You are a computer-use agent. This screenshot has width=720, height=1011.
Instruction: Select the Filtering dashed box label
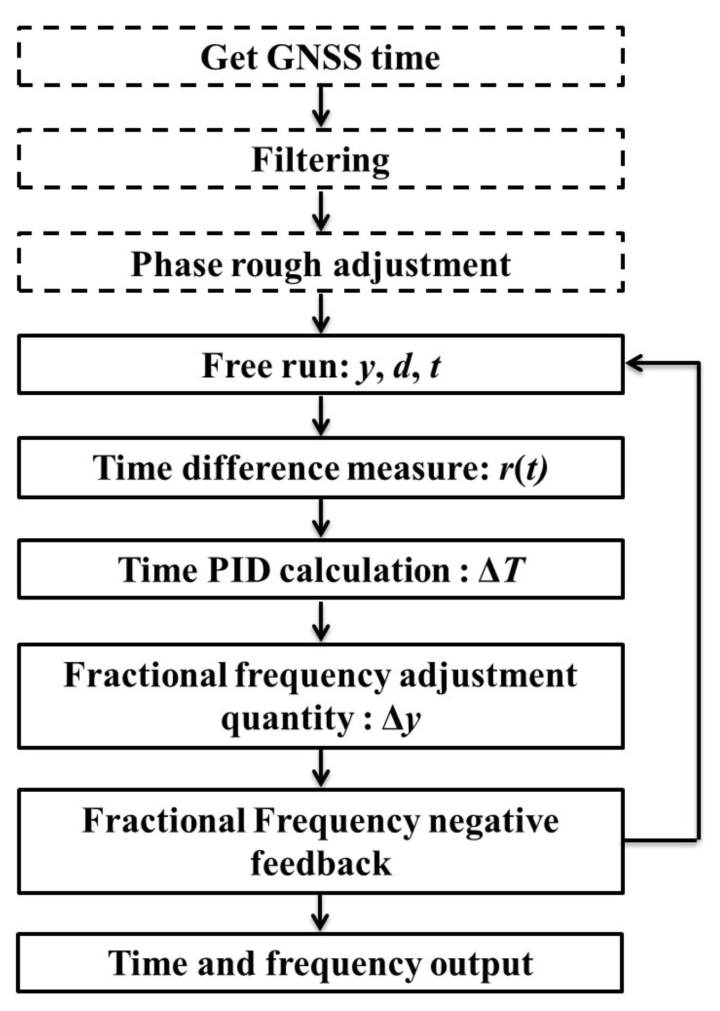coord(320,160)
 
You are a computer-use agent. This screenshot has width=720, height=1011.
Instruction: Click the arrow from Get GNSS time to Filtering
coord(320,107)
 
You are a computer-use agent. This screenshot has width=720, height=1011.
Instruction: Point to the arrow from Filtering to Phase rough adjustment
coord(320,210)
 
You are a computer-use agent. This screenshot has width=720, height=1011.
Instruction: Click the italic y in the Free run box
coord(365,367)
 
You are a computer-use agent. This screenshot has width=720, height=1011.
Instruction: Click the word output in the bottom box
coord(481,964)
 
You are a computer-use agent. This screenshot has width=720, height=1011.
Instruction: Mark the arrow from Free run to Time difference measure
coord(320,415)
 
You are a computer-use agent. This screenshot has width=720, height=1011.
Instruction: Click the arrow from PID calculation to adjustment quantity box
coord(320,621)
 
